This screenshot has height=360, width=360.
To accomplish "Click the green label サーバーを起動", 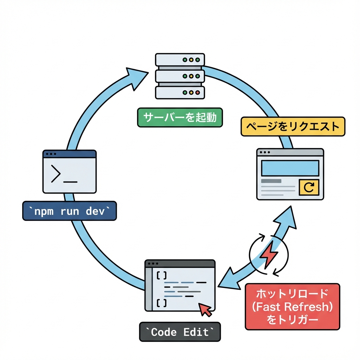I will coord(180,117).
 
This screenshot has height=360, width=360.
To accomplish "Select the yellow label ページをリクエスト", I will coord(292,127).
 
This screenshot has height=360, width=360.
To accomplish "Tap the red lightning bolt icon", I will coord(269,253).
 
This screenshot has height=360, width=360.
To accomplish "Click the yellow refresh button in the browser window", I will coord(309,187).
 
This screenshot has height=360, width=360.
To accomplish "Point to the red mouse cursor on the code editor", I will coord(206,310).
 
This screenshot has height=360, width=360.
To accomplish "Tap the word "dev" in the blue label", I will coord(95,211).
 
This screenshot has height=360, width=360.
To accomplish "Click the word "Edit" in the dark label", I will coord(196,332).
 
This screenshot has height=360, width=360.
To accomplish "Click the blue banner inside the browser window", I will coord(290,168).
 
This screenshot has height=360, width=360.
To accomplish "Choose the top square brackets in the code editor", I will coord(161,276).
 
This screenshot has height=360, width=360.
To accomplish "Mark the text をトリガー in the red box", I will coord(292,320).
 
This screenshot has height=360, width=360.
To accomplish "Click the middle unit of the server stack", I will coord(180,76).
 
